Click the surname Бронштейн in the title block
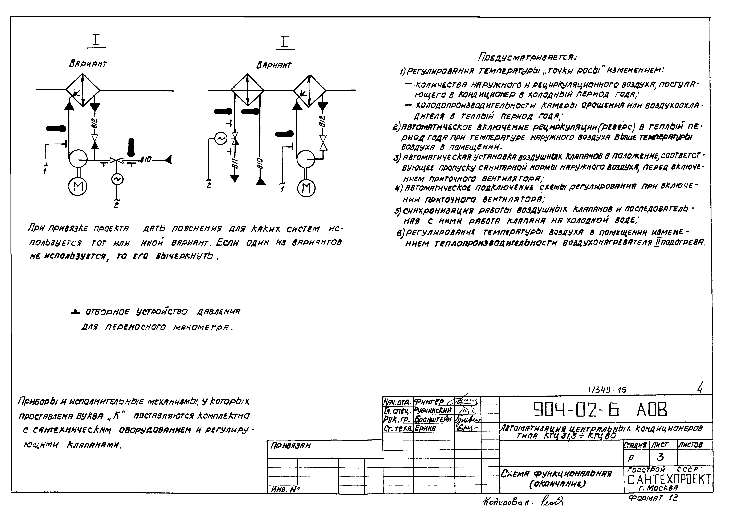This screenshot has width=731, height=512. pyautogui.click(x=433, y=419)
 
